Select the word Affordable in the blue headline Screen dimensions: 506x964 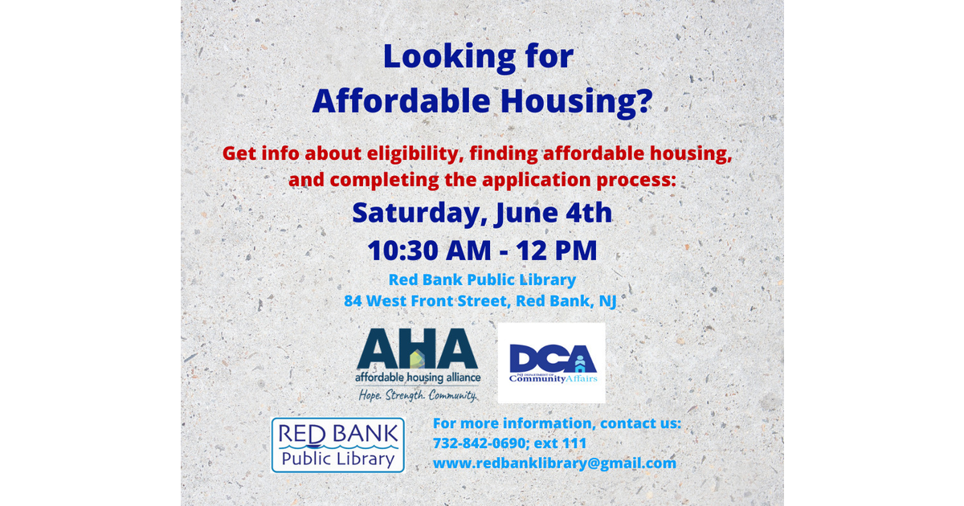[388, 101]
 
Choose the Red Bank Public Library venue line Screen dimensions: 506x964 [482, 280]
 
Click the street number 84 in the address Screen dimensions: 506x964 [354, 302]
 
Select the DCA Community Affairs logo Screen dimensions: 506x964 [551, 363]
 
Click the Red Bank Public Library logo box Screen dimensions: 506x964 [337, 444]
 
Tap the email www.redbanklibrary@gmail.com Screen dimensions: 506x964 [554, 463]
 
